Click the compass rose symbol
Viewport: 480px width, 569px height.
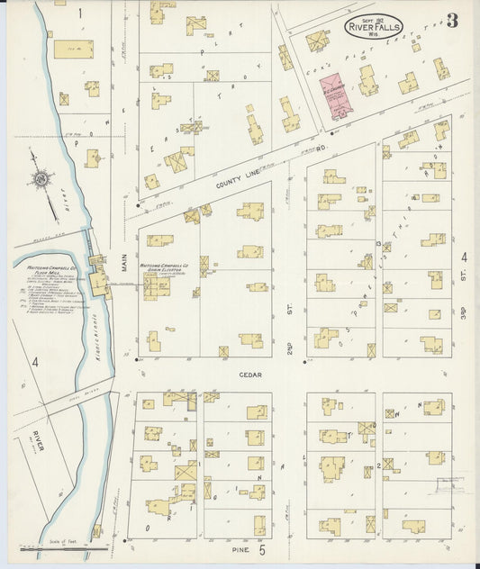[x=41, y=180]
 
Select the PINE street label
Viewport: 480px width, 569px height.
[x=240, y=548]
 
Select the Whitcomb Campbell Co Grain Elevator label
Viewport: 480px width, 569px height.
[x=162, y=268]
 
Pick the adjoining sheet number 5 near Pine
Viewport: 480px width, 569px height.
[x=263, y=548]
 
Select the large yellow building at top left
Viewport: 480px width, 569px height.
[x=73, y=49]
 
